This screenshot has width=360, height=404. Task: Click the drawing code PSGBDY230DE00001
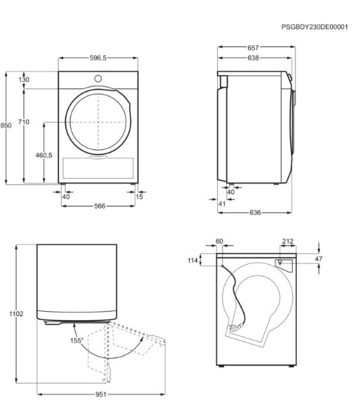point(315,27)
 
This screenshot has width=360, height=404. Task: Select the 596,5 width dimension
point(98,58)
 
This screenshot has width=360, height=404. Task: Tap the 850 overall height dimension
point(6,125)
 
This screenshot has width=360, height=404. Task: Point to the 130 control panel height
point(24,80)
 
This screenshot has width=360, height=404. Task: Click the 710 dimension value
point(24,122)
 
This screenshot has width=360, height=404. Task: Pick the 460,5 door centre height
point(44,155)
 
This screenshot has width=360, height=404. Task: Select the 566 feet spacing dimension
point(100,206)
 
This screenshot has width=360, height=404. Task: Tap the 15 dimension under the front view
point(139,197)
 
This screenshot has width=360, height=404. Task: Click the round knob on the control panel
point(98,78)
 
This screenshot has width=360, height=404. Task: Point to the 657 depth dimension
point(253,48)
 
